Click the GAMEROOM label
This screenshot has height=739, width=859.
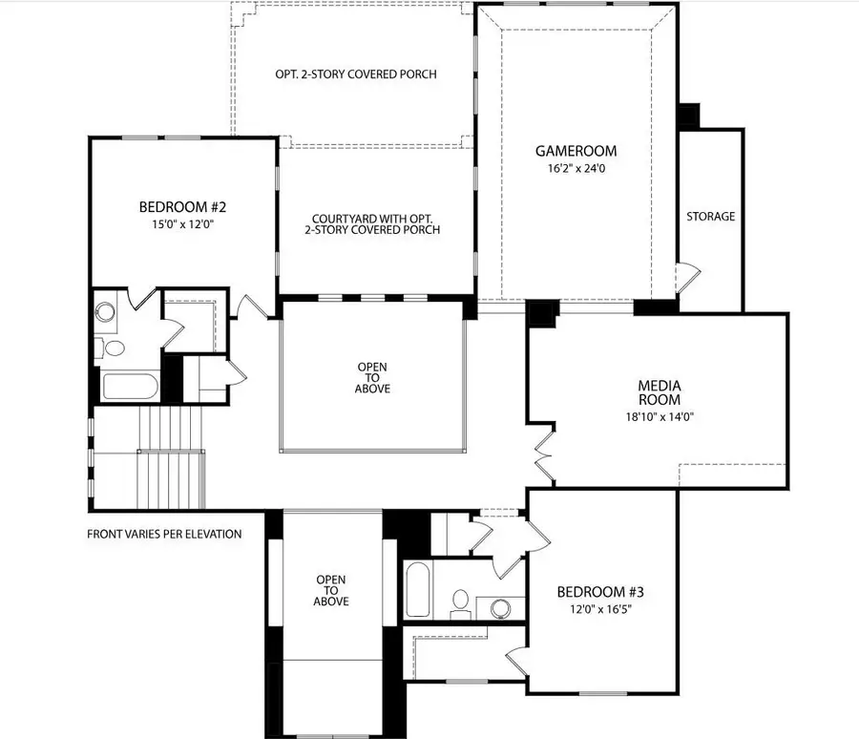pyautogui.click(x=576, y=151)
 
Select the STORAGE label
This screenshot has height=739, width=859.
pyautogui.click(x=711, y=217)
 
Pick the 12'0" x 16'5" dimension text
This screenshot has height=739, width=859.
pyautogui.click(x=597, y=610)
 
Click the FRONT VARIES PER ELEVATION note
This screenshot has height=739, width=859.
pyautogui.click(x=164, y=534)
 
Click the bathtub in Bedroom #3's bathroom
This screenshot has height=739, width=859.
pyautogui.click(x=418, y=588)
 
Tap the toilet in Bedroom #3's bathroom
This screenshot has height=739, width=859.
pyautogui.click(x=460, y=601)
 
